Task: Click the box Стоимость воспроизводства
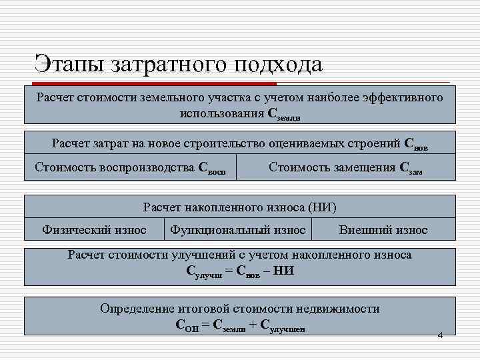[131, 168]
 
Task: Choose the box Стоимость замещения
[345, 168]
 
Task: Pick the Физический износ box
[94, 230]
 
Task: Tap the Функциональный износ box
[238, 230]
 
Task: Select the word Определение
[137, 309]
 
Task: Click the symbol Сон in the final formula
[187, 325]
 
